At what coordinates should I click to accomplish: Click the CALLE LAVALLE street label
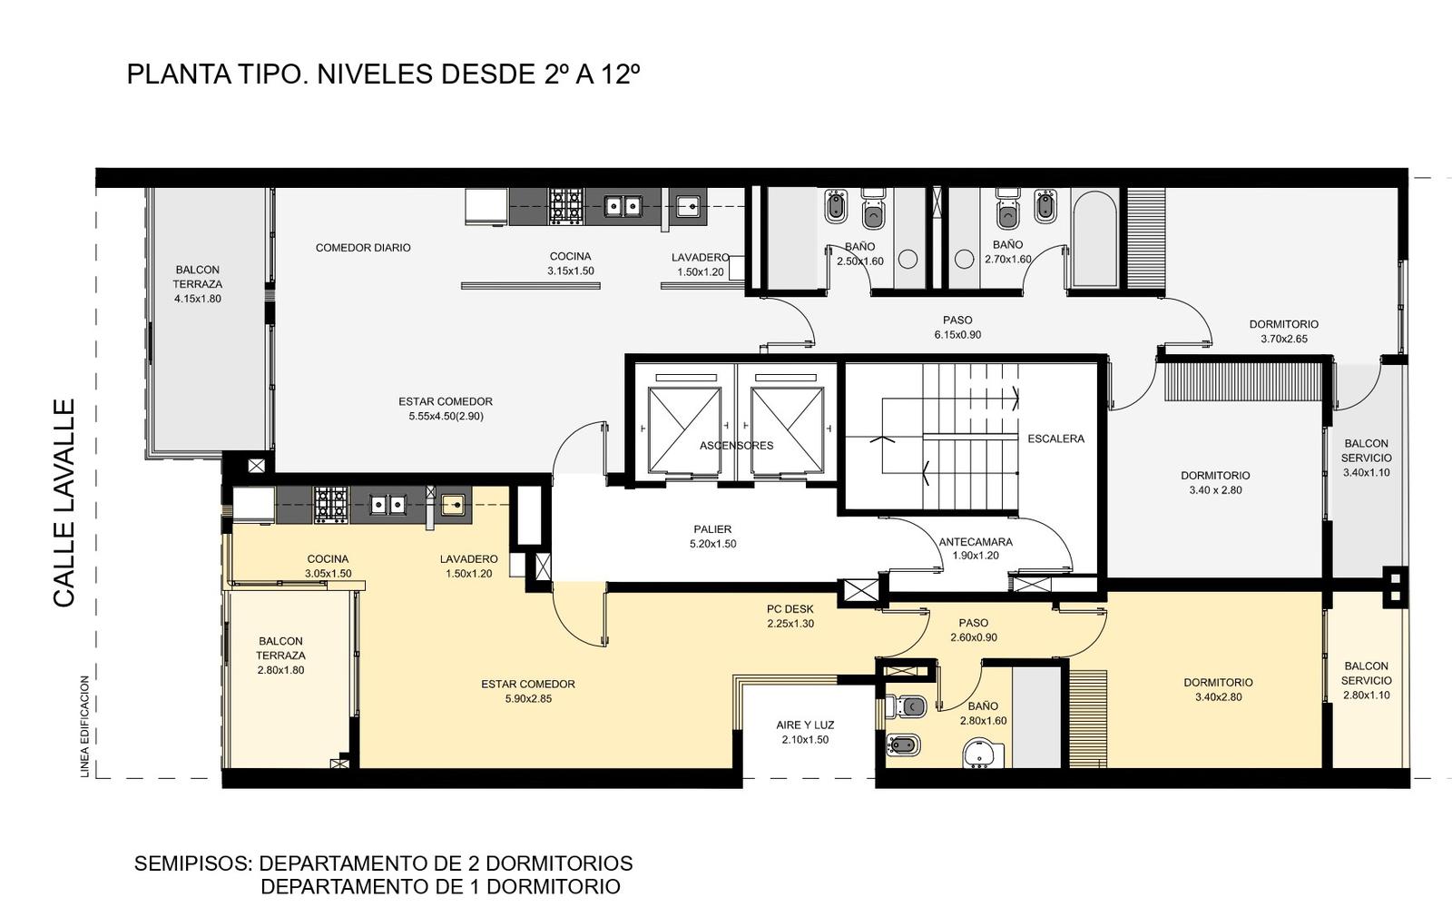(x=64, y=503)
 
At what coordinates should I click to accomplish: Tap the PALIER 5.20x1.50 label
(x=713, y=537)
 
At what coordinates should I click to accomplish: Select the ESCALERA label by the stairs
(x=1056, y=439)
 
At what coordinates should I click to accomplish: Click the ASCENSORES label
(x=736, y=446)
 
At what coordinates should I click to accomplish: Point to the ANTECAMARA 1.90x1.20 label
(x=976, y=548)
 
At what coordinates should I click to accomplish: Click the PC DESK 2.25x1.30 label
(x=790, y=616)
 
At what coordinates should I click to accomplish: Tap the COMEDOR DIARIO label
(x=363, y=248)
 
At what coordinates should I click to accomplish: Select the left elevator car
(x=684, y=430)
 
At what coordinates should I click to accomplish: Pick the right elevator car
(x=788, y=430)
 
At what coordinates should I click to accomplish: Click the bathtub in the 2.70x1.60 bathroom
(x=1094, y=239)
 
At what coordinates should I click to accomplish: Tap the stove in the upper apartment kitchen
(x=566, y=206)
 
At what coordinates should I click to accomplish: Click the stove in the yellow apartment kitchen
(x=332, y=505)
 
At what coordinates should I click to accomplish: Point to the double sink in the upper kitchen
(x=623, y=206)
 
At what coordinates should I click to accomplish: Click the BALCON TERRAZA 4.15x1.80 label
(x=198, y=284)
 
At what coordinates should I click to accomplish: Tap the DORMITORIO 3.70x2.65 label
(x=1283, y=331)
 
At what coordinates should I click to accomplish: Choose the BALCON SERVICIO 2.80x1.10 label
(x=1367, y=680)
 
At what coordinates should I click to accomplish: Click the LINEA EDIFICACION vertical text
(x=85, y=726)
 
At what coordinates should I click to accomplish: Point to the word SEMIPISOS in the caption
(x=192, y=863)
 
